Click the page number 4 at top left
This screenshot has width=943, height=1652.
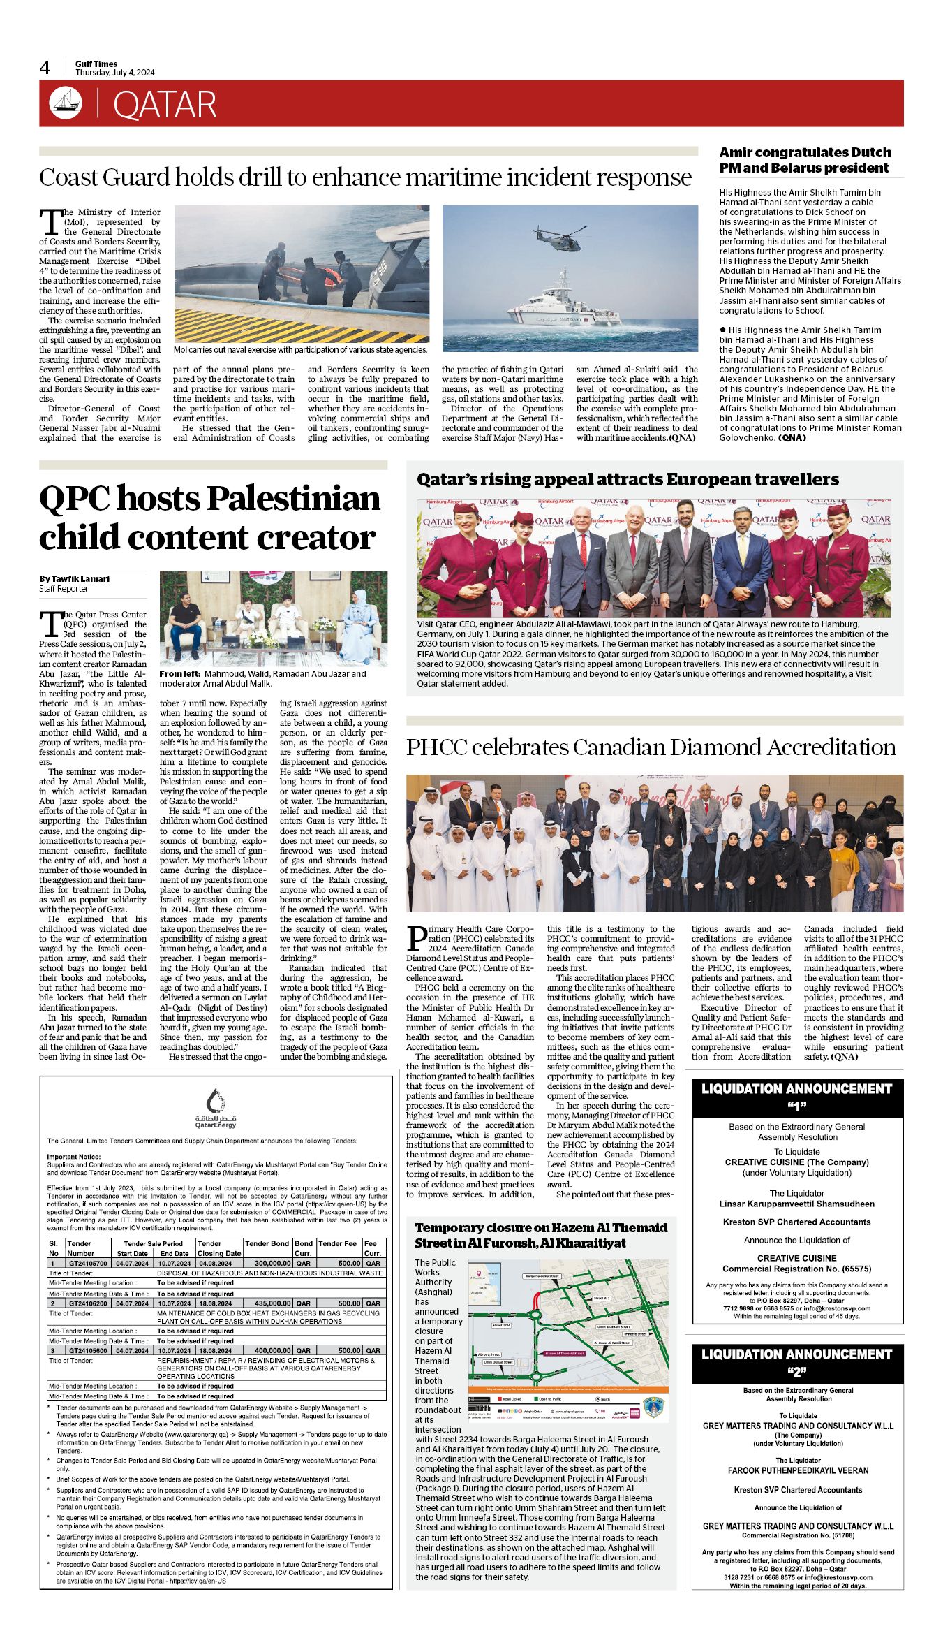(45, 68)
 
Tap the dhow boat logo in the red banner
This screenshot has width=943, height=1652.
(66, 103)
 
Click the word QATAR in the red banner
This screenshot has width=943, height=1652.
(165, 105)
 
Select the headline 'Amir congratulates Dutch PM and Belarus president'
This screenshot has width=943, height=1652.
(805, 160)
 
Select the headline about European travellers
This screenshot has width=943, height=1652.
(628, 480)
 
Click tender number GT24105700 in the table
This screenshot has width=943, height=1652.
(88, 1263)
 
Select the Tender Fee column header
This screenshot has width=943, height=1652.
(338, 1243)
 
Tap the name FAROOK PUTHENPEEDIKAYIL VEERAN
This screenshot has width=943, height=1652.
(798, 1470)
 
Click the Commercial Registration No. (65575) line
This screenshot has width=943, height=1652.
(796, 1269)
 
